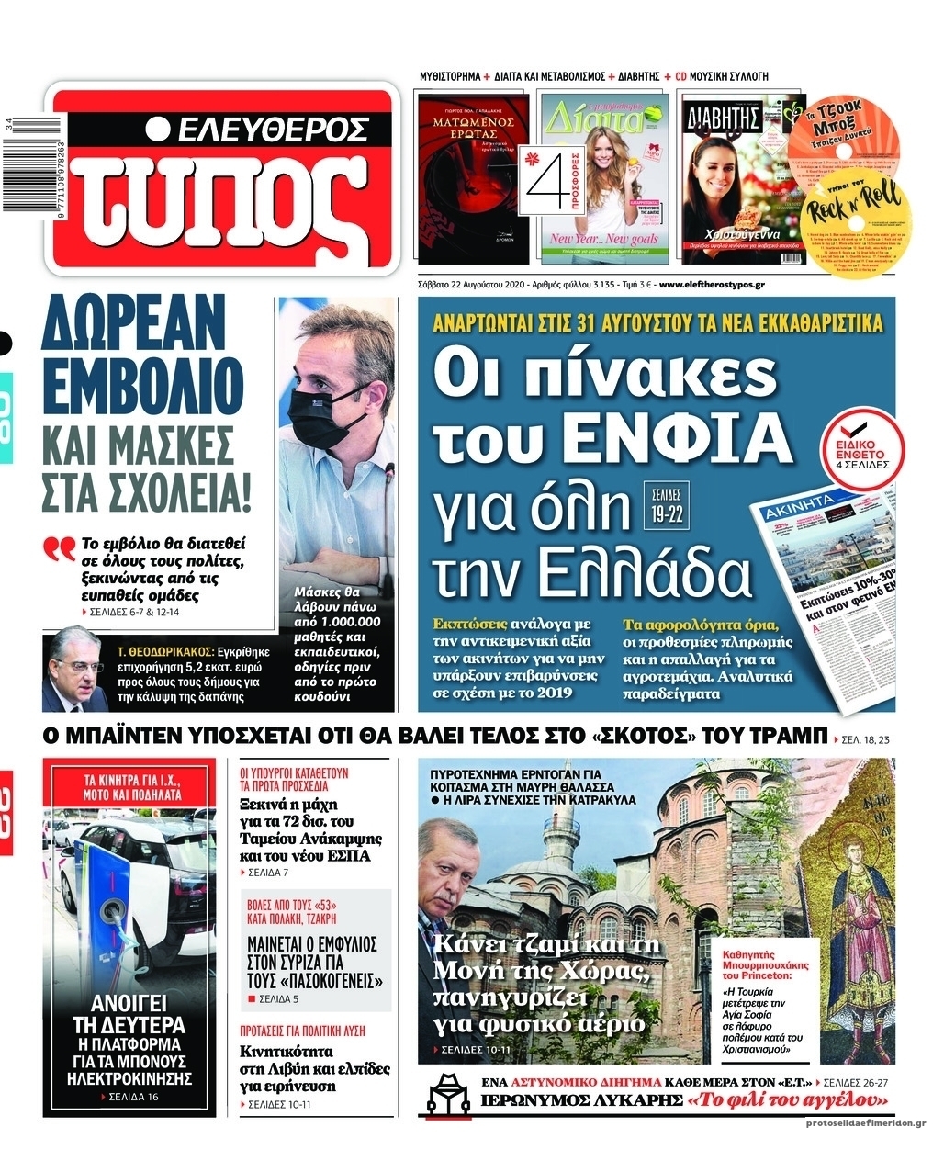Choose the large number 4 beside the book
pyautogui.click(x=543, y=174)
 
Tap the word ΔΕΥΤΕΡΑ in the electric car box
pyautogui.click(x=129, y=1025)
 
